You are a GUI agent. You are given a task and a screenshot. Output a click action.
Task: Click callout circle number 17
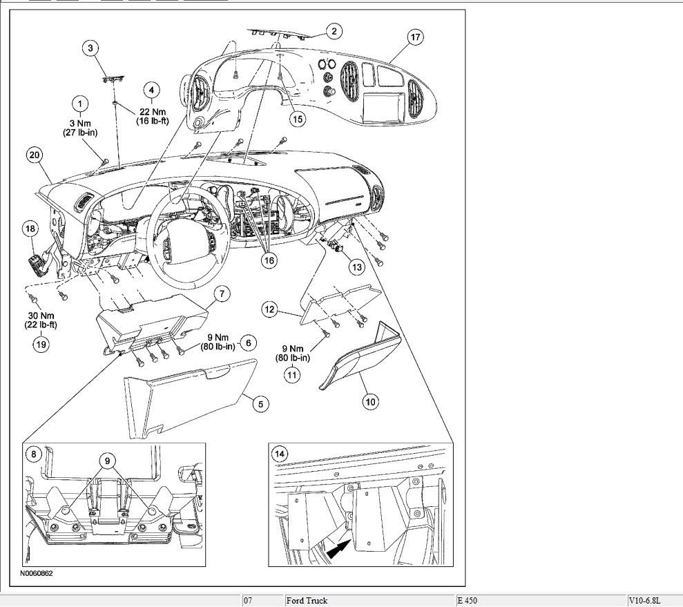[415, 38]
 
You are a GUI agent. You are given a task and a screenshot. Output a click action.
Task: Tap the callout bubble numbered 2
[334, 31]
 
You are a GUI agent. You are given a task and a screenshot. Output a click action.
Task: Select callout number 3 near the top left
[91, 48]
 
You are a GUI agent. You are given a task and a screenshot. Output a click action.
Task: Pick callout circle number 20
[35, 155]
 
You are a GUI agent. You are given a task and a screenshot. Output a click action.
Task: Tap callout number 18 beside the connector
[30, 229]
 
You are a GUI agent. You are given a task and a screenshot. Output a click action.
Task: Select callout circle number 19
[42, 345]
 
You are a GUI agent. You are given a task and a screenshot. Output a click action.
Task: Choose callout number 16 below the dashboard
[268, 260]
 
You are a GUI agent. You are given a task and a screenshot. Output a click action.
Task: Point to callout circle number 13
[356, 266]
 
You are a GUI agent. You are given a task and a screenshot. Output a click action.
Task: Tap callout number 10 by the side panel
[371, 401]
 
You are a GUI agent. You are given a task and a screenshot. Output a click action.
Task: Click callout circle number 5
[260, 405]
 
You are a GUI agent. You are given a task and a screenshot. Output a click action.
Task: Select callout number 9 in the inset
[107, 459]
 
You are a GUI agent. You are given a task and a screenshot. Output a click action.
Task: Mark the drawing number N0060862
[37, 573]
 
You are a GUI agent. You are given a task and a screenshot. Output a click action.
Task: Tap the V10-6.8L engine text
[648, 601]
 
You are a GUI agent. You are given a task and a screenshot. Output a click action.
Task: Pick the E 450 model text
[467, 601]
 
